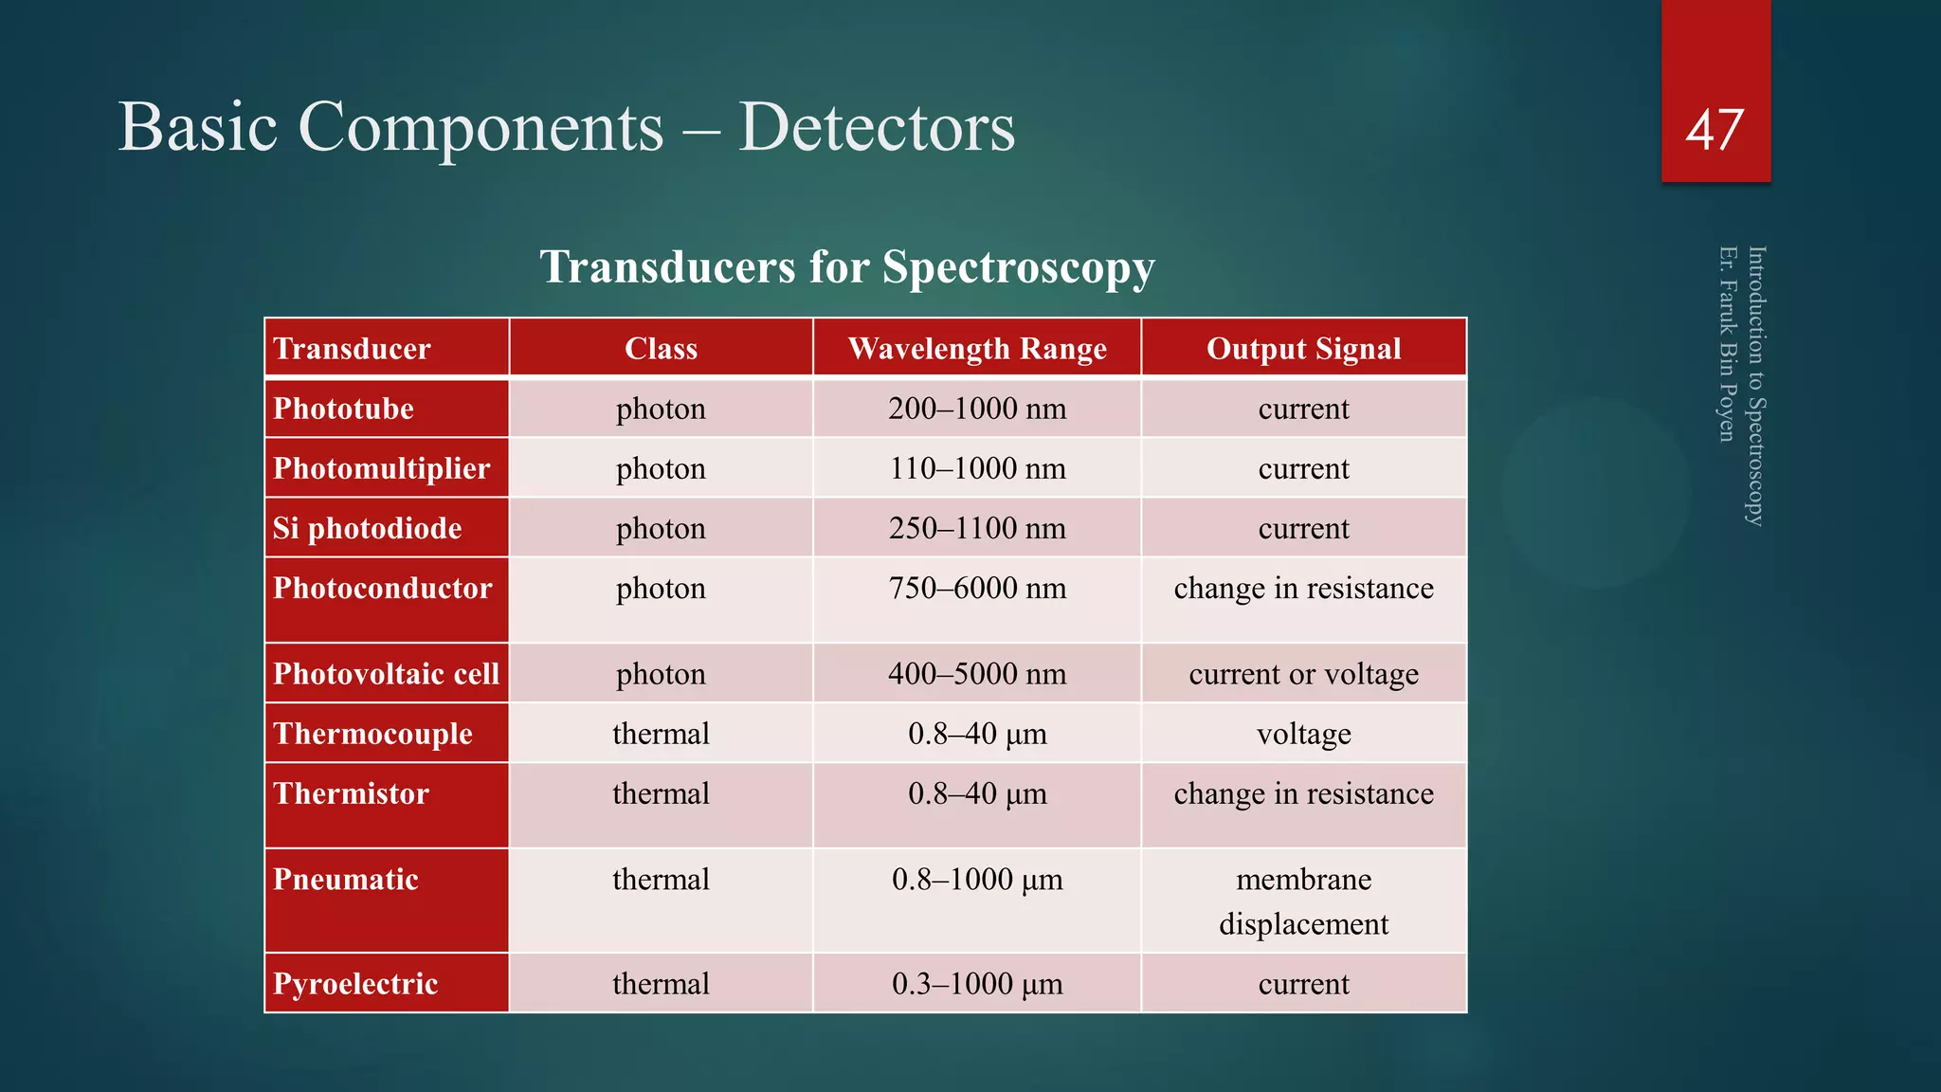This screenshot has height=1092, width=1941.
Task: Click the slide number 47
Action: [x=1714, y=131]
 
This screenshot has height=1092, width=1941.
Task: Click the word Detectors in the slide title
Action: [x=877, y=127]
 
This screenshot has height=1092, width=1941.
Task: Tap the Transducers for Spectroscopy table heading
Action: [x=846, y=266]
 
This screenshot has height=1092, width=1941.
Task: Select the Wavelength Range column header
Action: [x=977, y=349]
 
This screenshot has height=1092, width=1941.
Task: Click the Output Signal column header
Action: [x=1303, y=349]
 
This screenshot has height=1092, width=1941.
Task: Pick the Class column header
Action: [x=661, y=349]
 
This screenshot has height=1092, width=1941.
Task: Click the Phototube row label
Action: [x=343, y=409]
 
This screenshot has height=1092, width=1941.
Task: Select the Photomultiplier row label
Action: [x=381, y=468]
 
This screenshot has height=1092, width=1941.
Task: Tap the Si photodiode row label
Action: [x=367, y=528]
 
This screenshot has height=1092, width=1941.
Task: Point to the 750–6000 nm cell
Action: [x=977, y=589]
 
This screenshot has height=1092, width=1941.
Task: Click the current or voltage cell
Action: [x=1303, y=674]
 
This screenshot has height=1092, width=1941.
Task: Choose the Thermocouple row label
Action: [x=372, y=734]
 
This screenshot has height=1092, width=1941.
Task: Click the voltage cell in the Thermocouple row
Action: [x=1303, y=734]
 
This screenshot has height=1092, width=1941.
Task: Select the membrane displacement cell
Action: [x=1303, y=901]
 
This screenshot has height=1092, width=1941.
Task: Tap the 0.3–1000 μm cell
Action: [x=977, y=984]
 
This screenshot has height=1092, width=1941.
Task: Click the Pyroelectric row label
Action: [x=355, y=984]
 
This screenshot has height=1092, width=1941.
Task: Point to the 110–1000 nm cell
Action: [x=977, y=468]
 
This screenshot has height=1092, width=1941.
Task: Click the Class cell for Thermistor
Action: [x=661, y=793]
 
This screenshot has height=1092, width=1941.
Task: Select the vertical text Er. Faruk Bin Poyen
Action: [x=1727, y=343]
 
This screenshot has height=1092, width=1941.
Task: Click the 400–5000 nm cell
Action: [x=977, y=674]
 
